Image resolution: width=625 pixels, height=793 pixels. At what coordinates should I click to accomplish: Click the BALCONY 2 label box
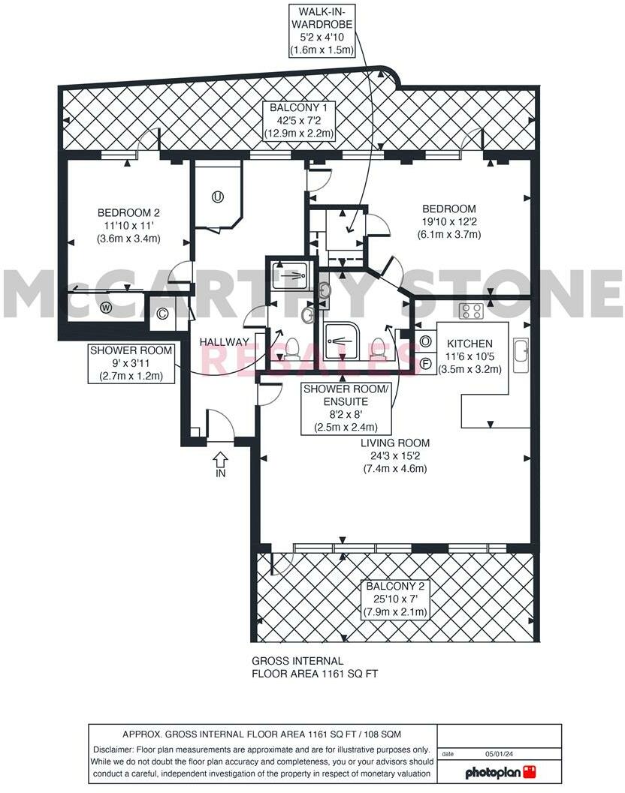(395, 599)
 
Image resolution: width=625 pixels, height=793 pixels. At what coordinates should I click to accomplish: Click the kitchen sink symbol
(521, 355)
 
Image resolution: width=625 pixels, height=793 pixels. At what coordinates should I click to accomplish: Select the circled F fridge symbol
(425, 363)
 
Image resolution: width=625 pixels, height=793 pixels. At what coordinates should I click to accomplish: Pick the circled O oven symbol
(425, 341)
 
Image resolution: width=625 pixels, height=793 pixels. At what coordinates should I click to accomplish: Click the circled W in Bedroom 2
(105, 308)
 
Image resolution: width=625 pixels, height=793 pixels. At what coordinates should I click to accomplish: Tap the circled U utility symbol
(217, 198)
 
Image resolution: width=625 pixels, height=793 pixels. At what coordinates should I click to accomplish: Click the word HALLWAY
(224, 342)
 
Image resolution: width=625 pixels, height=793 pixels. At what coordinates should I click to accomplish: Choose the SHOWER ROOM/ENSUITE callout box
(345, 408)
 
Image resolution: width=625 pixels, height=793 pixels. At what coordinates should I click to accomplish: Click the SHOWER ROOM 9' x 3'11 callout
(131, 362)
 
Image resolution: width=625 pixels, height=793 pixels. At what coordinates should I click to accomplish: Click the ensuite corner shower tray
(346, 341)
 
